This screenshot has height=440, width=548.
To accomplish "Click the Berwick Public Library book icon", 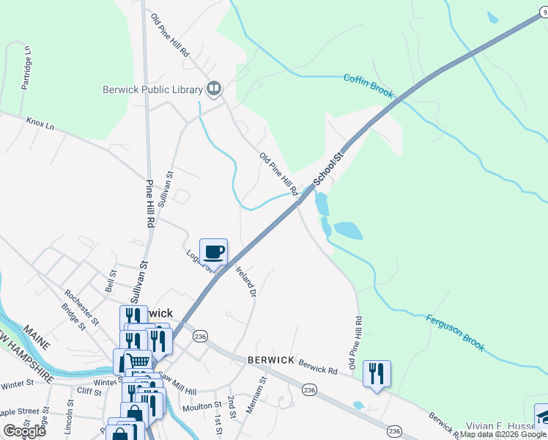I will [x=214, y=89].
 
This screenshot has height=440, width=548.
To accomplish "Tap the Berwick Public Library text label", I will [x=152, y=90].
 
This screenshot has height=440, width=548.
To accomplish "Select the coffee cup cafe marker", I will [x=213, y=252].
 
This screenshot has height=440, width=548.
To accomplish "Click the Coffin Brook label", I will [x=369, y=85].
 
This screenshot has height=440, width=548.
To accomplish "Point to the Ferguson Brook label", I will [x=455, y=331].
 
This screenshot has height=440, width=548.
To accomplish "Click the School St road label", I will [x=328, y=169].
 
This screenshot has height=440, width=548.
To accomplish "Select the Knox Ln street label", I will [x=40, y=123].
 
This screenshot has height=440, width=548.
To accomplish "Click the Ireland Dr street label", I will [x=245, y=282].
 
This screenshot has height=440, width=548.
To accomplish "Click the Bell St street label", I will [x=111, y=280].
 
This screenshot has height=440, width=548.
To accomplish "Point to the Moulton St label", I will [x=202, y=406].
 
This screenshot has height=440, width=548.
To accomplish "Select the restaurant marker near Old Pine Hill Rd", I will [x=377, y=373].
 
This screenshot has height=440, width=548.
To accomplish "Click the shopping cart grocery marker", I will [x=139, y=361].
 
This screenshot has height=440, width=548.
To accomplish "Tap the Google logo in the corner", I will [x=24, y=430].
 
